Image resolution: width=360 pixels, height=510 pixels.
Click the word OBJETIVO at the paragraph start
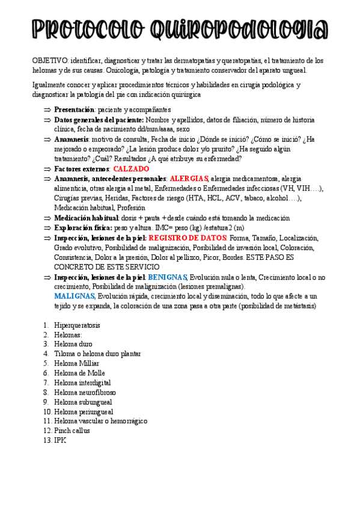[x=50, y=61]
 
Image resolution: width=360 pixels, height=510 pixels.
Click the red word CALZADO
[x=131, y=169]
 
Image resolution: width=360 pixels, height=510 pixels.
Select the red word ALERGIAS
[x=189, y=179]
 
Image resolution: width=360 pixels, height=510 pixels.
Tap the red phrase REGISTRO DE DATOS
[x=188, y=238]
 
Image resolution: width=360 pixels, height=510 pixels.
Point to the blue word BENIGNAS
[x=168, y=277]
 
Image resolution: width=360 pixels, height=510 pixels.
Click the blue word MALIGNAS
[x=75, y=296]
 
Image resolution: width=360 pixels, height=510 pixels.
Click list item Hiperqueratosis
[x=77, y=325]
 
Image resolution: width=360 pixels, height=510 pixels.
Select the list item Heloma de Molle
[x=79, y=373]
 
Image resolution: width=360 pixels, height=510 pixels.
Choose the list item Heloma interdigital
[x=82, y=382]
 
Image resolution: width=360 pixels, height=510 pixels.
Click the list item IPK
[x=59, y=440]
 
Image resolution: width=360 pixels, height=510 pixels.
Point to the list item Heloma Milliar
[x=76, y=363]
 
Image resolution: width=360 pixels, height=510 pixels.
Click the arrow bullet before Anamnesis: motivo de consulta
[x=47, y=140]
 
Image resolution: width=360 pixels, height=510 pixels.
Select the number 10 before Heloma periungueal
[x=47, y=411]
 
